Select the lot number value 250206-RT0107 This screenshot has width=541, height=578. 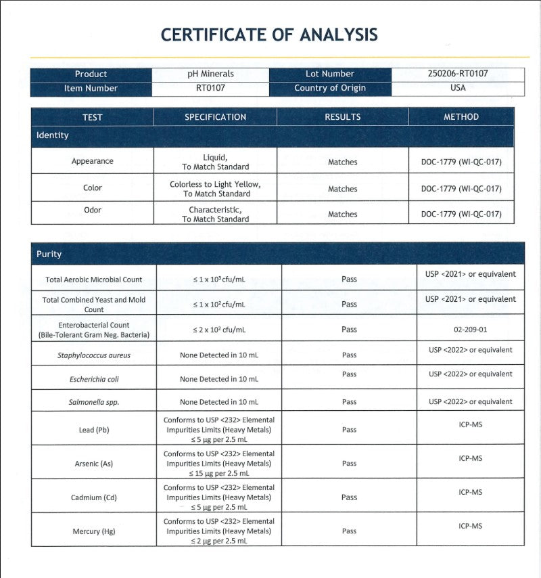458,74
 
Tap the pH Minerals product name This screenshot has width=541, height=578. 210,74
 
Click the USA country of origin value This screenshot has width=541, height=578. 458,88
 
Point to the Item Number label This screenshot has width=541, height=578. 91,88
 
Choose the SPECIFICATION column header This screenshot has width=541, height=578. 215,117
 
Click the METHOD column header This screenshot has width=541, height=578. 461,117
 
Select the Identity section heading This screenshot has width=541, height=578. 53,135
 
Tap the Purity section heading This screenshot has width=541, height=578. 49,254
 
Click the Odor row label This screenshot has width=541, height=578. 92,210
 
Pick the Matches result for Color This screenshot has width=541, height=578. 342,189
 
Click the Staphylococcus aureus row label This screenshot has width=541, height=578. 94,355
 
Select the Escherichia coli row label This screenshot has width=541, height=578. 94,379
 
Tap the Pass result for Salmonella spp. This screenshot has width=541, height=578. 349,402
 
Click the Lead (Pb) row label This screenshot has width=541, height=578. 94,430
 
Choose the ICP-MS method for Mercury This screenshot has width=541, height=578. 470,526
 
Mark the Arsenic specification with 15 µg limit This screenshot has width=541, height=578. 218,464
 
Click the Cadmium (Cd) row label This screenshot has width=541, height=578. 94,497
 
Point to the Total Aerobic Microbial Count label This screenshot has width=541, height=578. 94,279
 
